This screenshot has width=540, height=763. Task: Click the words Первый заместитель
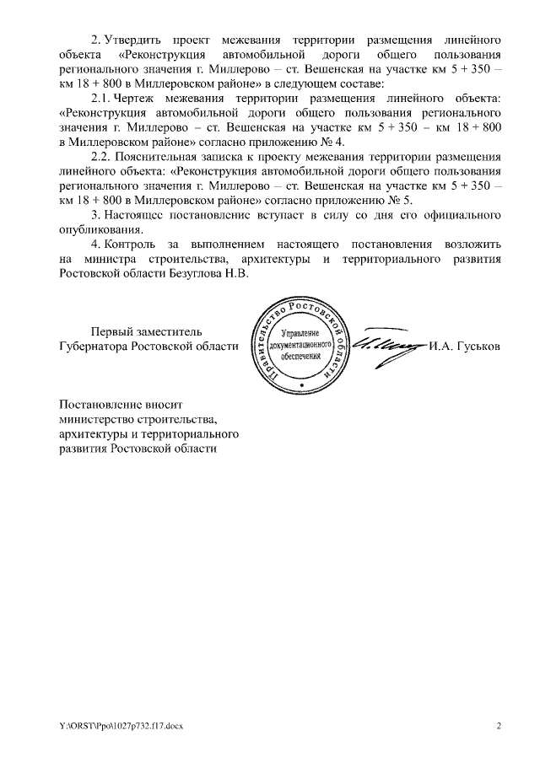147,331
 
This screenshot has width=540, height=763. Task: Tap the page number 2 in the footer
498,726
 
